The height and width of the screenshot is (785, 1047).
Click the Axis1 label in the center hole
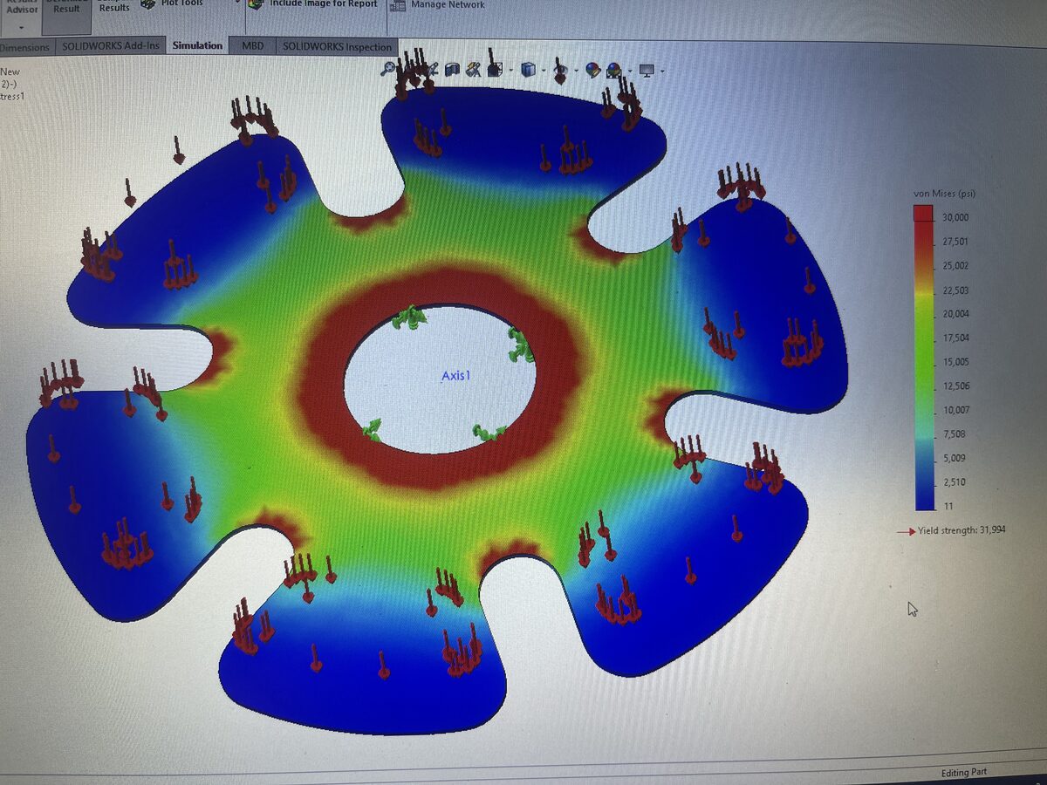462,376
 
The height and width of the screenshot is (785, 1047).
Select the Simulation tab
197,45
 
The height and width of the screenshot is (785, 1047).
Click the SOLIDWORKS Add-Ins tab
111,45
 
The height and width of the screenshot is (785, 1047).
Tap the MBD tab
253,45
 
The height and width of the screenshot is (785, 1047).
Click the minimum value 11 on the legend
948,506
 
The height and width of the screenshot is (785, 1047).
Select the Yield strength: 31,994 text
961,530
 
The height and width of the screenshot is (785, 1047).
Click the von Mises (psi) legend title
948,193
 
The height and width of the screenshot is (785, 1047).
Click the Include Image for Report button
323,4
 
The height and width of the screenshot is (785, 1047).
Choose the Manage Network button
448,5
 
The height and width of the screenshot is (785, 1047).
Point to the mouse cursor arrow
912,608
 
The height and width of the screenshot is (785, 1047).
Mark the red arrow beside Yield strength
907,530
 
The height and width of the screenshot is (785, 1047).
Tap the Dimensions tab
25,46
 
